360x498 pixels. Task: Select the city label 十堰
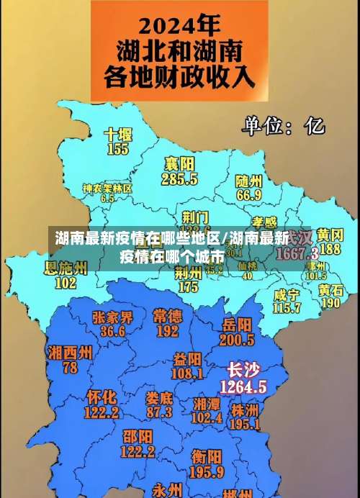coord(118,135)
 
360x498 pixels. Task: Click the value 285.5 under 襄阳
coord(180,178)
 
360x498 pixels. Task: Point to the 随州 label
coord(249,181)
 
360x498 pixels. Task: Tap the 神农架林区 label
coord(107,188)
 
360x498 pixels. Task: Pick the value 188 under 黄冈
coord(330,249)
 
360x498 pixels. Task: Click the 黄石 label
coord(331,289)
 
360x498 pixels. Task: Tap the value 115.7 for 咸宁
coord(287,307)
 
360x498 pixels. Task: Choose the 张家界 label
coord(112,317)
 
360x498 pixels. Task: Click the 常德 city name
coord(167,315)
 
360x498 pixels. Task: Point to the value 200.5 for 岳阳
coord(238,339)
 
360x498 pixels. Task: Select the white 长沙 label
coord(243,371)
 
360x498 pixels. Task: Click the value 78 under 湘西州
coord(70,367)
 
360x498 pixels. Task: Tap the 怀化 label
coord(102,397)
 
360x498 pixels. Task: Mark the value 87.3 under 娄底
coord(159,412)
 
